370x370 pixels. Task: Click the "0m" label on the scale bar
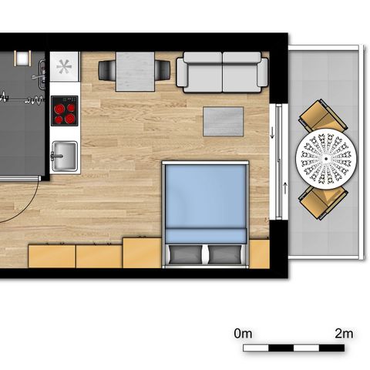[x=243, y=334]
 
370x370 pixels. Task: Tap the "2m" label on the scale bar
[x=344, y=334]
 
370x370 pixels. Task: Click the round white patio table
[x=326, y=159]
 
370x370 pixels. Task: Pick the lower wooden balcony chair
[x=323, y=202]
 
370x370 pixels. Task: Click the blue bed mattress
[x=206, y=203]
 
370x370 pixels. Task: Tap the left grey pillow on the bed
[x=186, y=254]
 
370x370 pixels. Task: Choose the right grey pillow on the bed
[x=225, y=254]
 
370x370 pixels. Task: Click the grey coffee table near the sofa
[x=223, y=121]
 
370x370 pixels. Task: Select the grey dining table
[x=135, y=72]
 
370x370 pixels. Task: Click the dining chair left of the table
[x=107, y=70]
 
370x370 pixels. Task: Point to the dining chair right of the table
[x=162, y=70]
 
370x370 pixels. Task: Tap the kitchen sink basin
[x=65, y=156]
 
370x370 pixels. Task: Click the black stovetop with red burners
[x=65, y=111]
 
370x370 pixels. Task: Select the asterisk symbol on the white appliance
[x=64, y=66]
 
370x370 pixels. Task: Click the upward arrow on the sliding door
[x=285, y=188]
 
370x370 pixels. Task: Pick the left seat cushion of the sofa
[x=203, y=77]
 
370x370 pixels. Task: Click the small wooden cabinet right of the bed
[x=260, y=254]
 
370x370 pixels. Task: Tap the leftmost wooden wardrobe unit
[x=52, y=256]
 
